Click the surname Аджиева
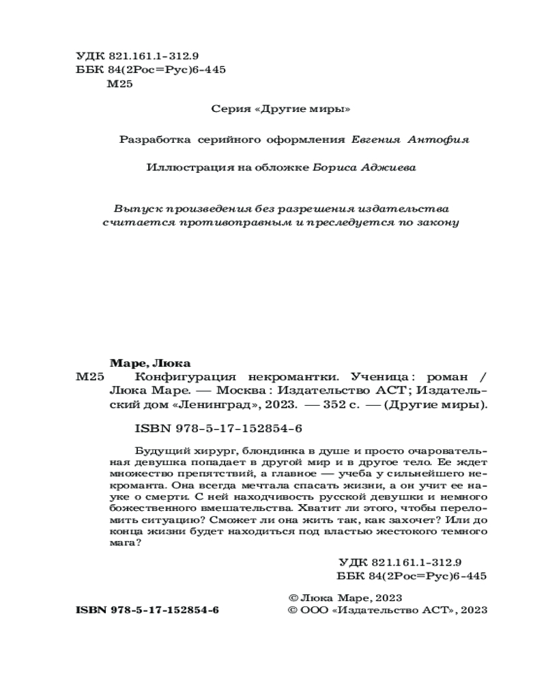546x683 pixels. point(387,167)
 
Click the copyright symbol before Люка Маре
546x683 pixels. point(294,596)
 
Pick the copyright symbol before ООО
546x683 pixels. point(294,610)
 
